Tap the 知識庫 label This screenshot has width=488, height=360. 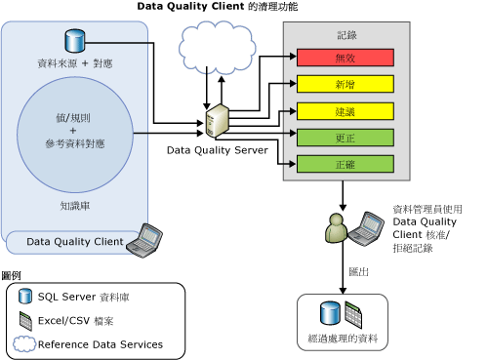[75, 206]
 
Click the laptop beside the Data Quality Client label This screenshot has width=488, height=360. [149, 237]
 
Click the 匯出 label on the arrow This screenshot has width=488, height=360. [358, 272]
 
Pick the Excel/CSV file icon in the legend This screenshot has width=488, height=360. [26, 320]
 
